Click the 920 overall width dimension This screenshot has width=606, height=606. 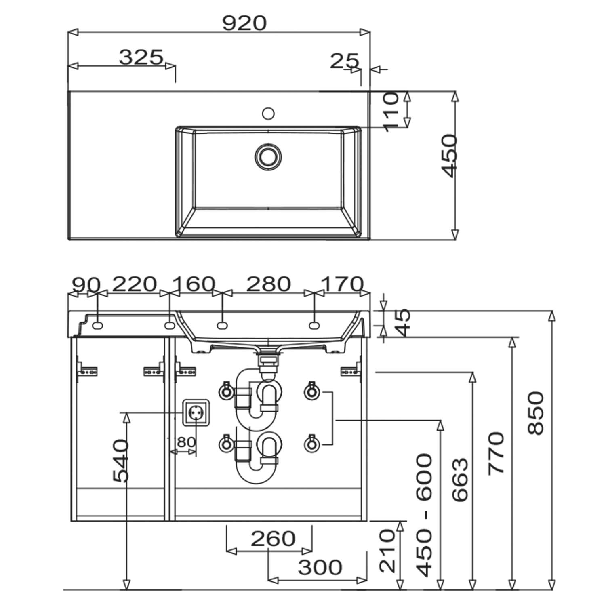[x=244, y=23]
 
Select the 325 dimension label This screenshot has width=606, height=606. [x=141, y=57]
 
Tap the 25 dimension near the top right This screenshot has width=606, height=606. [x=344, y=61]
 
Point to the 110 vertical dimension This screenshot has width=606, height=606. [x=391, y=112]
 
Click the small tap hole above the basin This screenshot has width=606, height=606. [x=268, y=113]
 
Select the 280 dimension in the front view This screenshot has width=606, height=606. [x=268, y=284]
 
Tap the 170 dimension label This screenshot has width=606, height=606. [x=342, y=284]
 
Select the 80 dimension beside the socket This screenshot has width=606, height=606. [x=186, y=442]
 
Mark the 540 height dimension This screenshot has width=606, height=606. [x=121, y=461]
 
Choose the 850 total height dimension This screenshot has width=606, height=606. [x=537, y=413]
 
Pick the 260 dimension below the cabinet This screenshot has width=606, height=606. [x=273, y=539]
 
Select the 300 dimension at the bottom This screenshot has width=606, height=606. [x=320, y=567]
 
